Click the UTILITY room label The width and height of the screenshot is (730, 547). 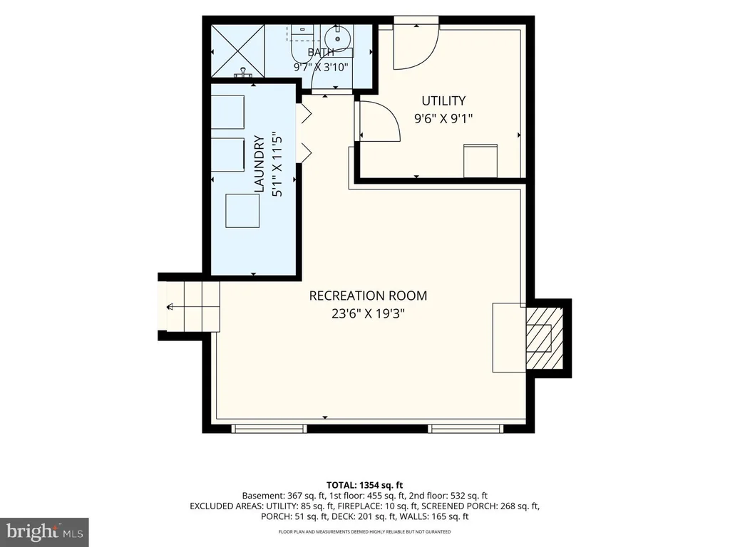tap(443, 101)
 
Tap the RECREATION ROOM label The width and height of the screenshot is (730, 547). tap(368, 296)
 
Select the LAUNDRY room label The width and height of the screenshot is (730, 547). tap(259, 164)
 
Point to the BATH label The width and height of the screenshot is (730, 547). tap(321, 52)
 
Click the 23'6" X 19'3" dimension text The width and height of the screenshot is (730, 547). tap(368, 314)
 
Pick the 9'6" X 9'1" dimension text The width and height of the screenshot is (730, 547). tap(443, 119)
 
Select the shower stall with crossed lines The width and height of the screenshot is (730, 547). tap(238, 51)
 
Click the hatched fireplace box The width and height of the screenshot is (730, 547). tap(544, 337)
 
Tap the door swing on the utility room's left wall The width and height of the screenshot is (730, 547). tap(379, 121)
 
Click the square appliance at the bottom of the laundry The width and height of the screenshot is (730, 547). tap(242, 211)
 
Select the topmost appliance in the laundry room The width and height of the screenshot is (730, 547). tap(227, 112)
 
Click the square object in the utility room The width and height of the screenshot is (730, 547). tap(480, 161)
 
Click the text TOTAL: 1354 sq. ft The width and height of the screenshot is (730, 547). tap(364, 486)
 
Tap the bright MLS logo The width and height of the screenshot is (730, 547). tap(44, 532)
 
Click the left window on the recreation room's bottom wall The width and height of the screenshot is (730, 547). tap(269, 428)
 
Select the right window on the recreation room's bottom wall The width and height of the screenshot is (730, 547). tap(466, 428)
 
